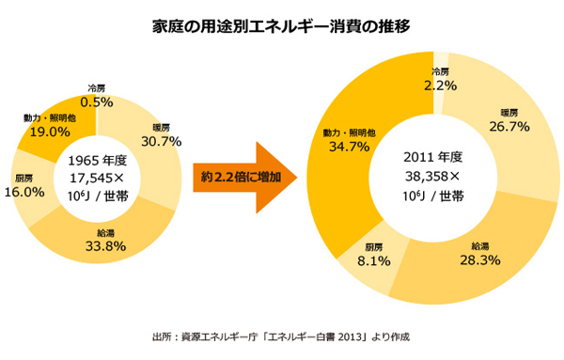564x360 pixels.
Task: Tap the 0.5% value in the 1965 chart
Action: [97, 102]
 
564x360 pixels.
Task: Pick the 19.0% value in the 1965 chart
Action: [42, 133]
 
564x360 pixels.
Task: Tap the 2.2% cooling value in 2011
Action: [441, 85]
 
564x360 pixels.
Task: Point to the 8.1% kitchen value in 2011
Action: [373, 260]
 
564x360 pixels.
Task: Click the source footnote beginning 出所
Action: [281, 336]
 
